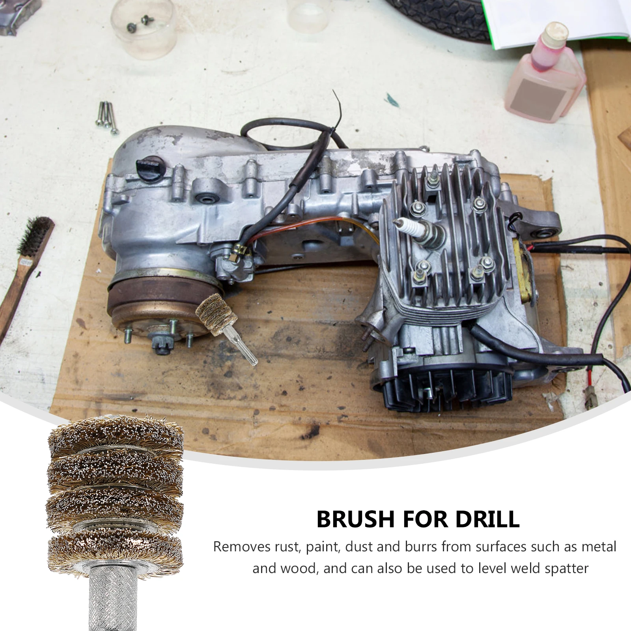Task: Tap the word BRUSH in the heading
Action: pos(355,519)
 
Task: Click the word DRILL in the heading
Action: pos(487,519)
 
